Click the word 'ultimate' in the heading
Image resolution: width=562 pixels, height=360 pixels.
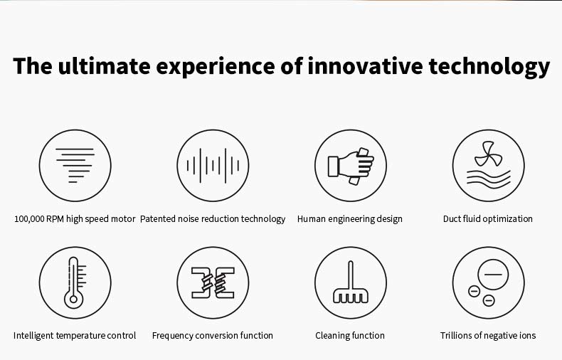click(x=104, y=66)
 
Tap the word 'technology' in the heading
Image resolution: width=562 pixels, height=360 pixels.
click(x=489, y=68)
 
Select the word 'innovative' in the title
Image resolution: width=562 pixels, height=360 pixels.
click(x=365, y=66)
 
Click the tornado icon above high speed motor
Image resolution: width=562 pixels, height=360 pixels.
click(x=75, y=165)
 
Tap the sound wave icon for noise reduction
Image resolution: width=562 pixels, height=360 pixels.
click(x=213, y=166)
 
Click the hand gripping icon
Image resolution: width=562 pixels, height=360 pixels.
click(x=351, y=166)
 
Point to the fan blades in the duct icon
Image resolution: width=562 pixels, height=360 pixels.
click(x=488, y=154)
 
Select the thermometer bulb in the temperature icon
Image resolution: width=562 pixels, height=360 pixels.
click(x=73, y=299)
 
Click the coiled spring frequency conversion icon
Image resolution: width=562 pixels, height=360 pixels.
click(x=213, y=282)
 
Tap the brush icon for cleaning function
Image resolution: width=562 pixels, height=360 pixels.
click(x=351, y=282)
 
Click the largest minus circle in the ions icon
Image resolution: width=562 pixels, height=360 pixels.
click(x=493, y=275)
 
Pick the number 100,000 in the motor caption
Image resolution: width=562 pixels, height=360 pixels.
click(x=29, y=219)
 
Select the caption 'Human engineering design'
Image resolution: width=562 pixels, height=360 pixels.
click(x=350, y=219)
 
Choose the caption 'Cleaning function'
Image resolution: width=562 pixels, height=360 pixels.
click(x=350, y=336)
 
